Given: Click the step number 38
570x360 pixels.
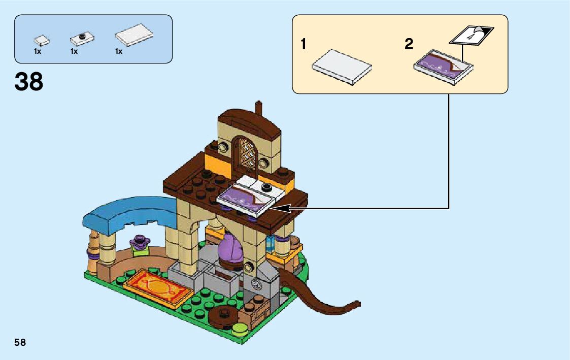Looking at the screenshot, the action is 29,82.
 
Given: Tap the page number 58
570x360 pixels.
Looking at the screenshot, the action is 20,342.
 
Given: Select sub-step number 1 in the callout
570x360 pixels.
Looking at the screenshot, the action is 304,45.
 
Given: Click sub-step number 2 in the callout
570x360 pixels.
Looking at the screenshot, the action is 409,45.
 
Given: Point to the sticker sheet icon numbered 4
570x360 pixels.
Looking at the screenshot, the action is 471,35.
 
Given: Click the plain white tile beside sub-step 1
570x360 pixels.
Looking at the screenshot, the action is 342,67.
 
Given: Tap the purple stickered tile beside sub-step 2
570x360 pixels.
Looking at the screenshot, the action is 444,64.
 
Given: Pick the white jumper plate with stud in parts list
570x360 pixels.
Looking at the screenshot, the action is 81,38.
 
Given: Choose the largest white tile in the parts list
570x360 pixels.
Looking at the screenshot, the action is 135,35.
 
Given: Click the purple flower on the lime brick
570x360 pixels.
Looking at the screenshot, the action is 140,239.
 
